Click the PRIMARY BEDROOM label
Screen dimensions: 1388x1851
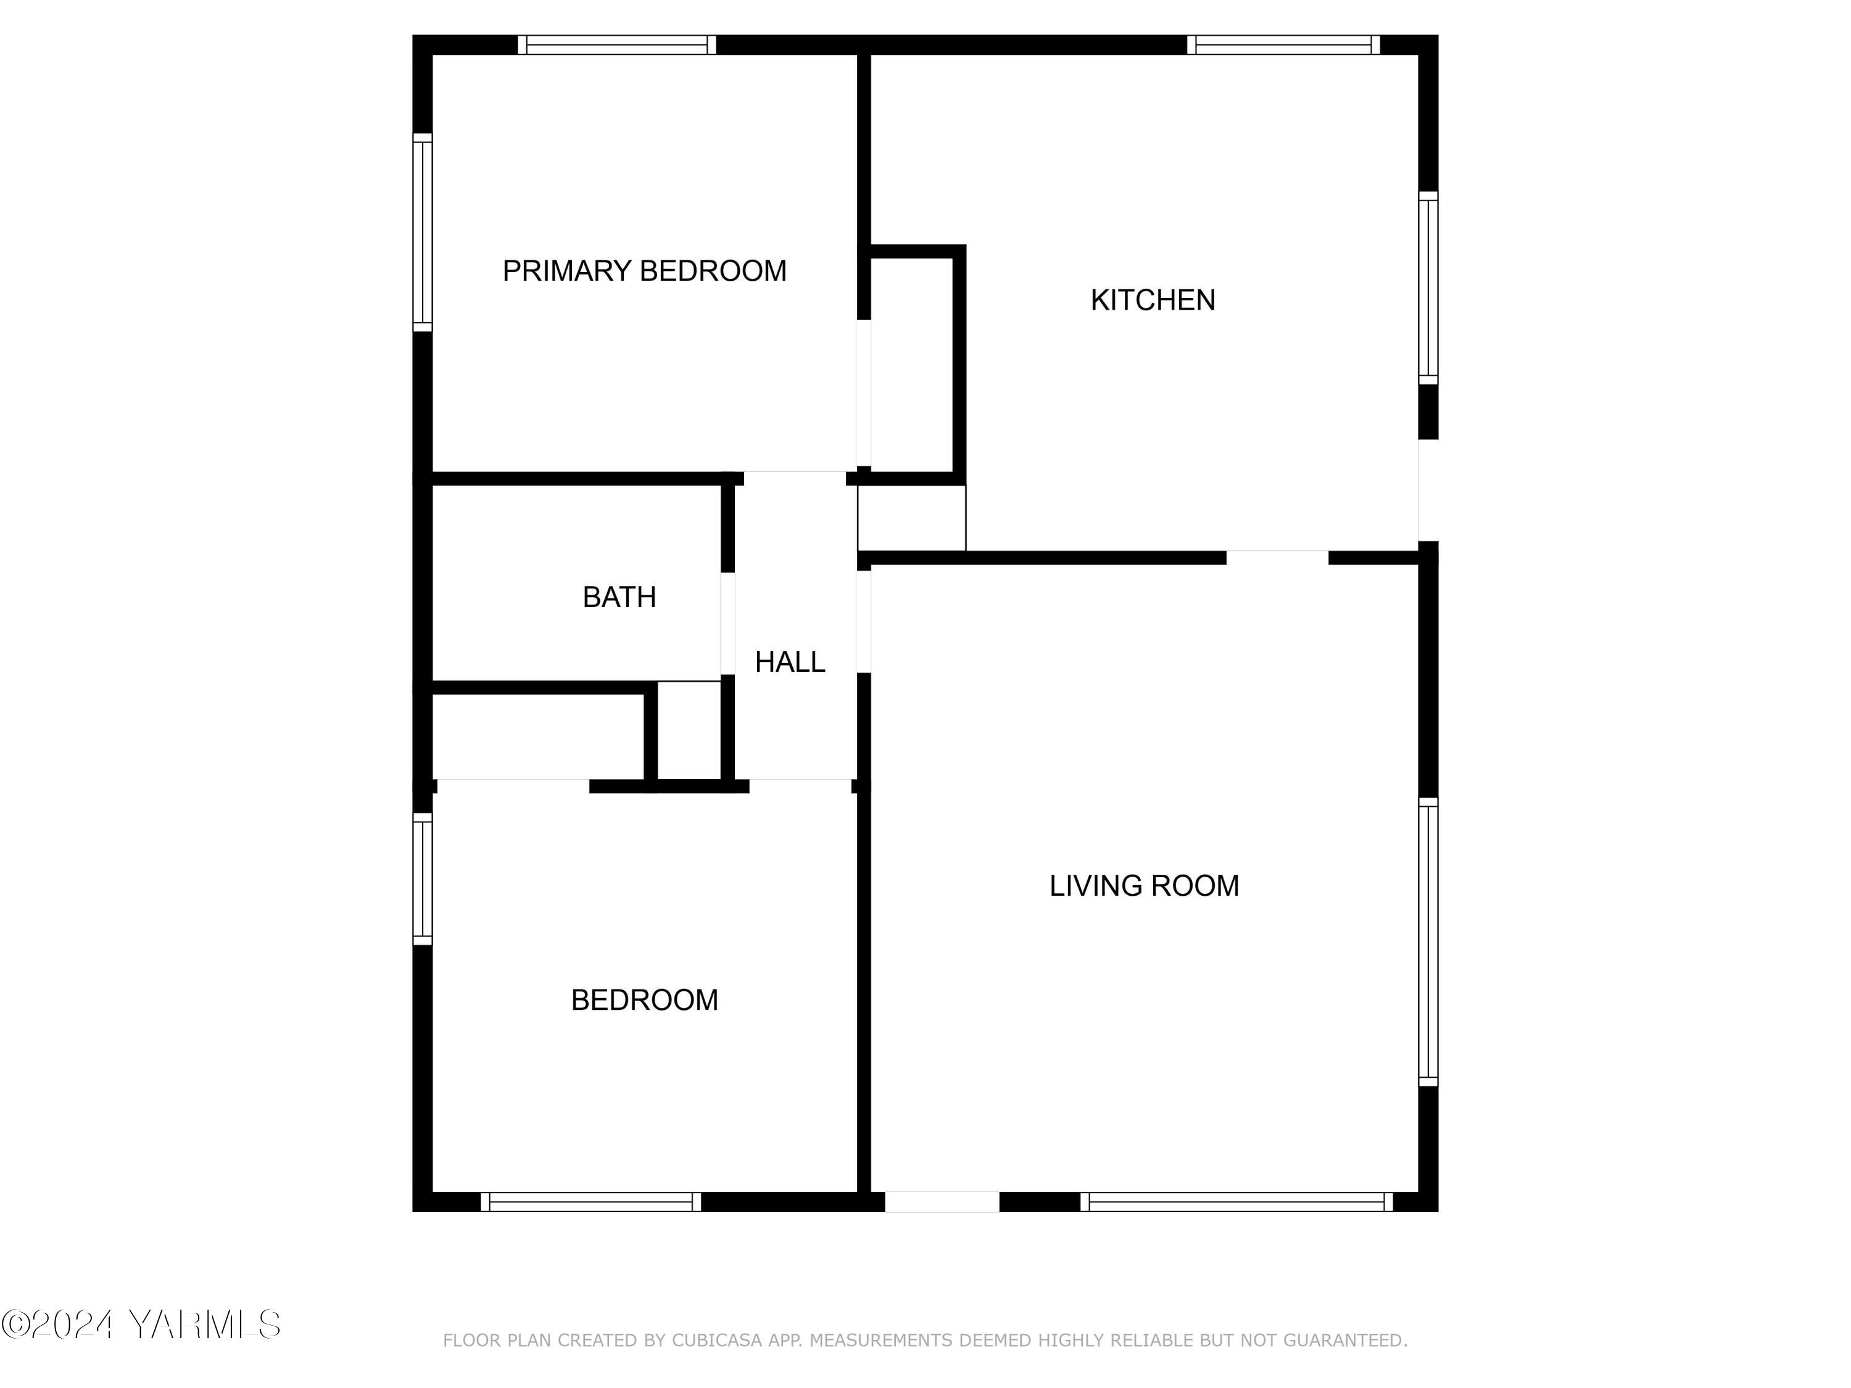(644, 271)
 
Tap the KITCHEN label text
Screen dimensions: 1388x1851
(1153, 300)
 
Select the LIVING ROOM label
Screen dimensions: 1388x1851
(1144, 886)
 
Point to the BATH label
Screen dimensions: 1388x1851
(619, 597)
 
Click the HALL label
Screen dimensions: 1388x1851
(790, 663)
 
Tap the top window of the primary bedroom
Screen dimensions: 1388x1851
(617, 45)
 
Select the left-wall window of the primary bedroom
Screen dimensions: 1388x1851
(423, 233)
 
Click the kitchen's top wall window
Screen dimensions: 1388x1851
(1283, 45)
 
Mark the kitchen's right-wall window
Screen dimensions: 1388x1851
(1428, 289)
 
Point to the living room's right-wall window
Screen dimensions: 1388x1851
(1428, 942)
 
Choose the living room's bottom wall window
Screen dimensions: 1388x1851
(1236, 1202)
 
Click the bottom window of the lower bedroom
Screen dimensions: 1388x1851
(591, 1202)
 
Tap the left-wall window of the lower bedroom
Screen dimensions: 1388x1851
(423, 879)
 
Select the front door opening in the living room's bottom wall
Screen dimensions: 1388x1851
(942, 1202)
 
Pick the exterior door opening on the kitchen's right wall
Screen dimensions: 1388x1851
(1428, 490)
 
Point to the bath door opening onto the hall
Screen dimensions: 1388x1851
(728, 623)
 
